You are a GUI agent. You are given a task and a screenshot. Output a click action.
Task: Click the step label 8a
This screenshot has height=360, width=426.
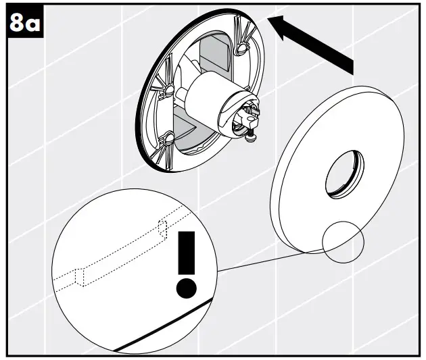point(25,23)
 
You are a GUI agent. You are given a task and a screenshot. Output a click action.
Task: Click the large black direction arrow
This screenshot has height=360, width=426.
point(310,44)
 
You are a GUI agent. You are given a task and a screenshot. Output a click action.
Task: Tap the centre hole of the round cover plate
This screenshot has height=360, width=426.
point(345,174)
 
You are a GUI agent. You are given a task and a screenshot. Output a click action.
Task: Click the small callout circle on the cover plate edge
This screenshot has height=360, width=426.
point(343,242)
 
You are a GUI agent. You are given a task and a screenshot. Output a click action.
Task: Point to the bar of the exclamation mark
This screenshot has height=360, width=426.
point(187,253)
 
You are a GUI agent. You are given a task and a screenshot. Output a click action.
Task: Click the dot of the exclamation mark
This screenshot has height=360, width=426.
point(187,288)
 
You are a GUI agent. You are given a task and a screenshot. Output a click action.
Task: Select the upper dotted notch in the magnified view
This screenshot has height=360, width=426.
point(162,229)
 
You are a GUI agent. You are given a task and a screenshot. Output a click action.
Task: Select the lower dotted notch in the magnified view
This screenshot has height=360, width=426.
point(80,277)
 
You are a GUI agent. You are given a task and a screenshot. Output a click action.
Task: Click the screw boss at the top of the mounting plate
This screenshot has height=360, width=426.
point(242,48)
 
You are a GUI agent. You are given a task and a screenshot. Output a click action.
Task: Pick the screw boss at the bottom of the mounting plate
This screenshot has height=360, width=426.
point(168,138)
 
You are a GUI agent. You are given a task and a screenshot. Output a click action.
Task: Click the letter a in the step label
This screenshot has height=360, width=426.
point(33,25)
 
